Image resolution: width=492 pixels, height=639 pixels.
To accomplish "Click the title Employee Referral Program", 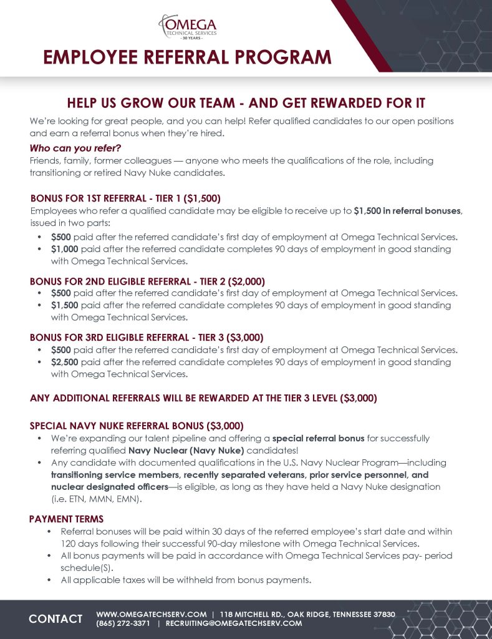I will coord(187,57).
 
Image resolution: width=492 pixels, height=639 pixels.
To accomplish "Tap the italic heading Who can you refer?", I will coord(75,148).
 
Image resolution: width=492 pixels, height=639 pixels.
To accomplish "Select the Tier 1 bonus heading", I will coord(125,199).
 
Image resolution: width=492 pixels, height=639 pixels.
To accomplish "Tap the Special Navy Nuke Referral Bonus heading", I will coord(136,426).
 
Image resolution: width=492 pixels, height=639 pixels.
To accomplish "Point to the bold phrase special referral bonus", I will coord(318,439).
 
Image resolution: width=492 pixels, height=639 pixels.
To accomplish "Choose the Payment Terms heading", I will coord(66,519).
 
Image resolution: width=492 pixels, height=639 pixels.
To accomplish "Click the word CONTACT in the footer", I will coord(55,619).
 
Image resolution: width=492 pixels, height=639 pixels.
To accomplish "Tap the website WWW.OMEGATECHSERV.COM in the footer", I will coord(152,615).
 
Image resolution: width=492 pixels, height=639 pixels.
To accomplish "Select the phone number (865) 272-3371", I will coord(123,623).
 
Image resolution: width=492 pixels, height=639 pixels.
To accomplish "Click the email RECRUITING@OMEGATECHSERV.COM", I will coord(234,623).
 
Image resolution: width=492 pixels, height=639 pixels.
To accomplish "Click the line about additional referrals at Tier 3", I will coord(203,398).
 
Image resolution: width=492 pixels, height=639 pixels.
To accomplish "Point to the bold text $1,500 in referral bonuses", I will coord(407,211).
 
